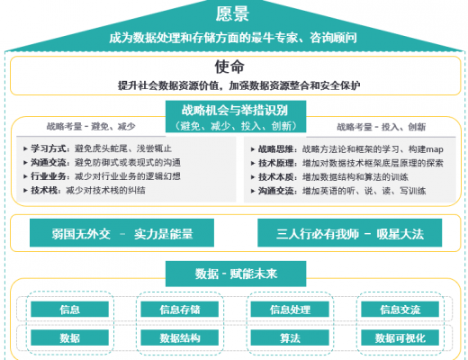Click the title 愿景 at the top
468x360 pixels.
(232, 13)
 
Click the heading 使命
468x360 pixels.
(229, 67)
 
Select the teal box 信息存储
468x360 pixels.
(180, 310)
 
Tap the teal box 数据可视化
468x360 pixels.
(400, 337)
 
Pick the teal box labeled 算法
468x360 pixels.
(290, 337)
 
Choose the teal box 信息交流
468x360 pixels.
(400, 310)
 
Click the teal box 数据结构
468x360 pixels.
(180, 337)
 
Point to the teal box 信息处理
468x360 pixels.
(290, 310)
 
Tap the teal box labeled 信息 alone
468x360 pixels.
(69, 310)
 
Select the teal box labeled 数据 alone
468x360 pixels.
(69, 337)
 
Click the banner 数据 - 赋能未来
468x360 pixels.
(236, 274)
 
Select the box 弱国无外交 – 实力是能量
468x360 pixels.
(121, 233)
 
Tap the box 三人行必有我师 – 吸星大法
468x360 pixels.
(350, 233)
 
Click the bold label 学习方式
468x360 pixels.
(49, 148)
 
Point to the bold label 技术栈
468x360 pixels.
(44, 190)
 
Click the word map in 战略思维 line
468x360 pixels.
(435, 149)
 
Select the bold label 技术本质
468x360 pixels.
(276, 177)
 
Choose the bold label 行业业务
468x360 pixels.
(49, 176)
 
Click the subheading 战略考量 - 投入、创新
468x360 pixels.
(381, 127)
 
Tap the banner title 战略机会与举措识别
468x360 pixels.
(235, 111)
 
